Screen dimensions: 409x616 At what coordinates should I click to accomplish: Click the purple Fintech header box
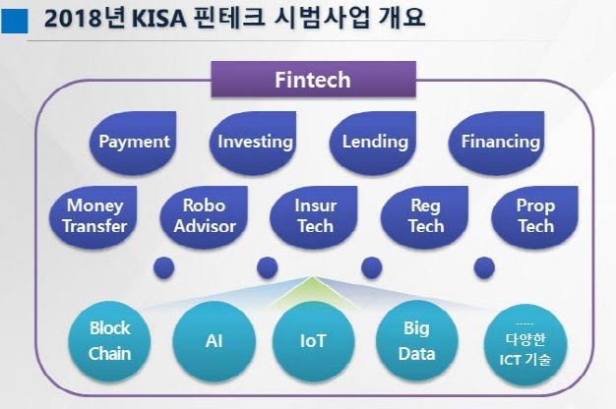click(311, 80)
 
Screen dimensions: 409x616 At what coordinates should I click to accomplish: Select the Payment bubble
click(134, 142)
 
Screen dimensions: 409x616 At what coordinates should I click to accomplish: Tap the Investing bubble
click(255, 142)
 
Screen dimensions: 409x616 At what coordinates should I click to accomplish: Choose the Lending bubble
click(375, 142)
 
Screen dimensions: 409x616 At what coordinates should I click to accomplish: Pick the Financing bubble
click(500, 142)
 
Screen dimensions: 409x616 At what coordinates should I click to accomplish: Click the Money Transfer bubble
click(94, 216)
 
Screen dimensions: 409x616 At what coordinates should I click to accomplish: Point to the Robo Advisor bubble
click(204, 216)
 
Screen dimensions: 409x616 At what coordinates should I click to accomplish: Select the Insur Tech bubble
click(315, 216)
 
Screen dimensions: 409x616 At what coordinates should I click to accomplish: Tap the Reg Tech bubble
click(424, 216)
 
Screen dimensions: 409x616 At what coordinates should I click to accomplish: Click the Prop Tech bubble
click(535, 216)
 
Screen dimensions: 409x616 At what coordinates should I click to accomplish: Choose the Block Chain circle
click(109, 341)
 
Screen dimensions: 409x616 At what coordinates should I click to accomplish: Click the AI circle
click(213, 341)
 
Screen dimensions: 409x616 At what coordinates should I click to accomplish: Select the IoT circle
click(314, 341)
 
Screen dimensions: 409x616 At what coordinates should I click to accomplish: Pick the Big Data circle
click(416, 341)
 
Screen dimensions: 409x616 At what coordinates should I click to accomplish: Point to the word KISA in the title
click(179, 22)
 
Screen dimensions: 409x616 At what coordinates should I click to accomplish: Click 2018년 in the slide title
click(93, 22)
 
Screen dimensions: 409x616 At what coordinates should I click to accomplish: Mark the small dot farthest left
click(163, 267)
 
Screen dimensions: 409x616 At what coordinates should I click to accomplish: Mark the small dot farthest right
click(483, 267)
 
